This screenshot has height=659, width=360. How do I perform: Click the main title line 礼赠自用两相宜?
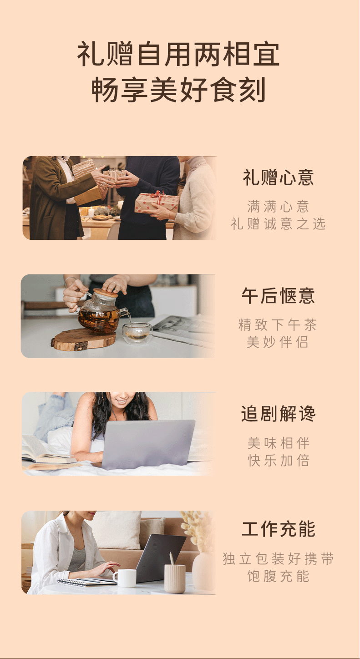[178, 54]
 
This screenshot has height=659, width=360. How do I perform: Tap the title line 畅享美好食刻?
[178, 90]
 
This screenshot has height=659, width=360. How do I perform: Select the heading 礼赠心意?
[278, 177]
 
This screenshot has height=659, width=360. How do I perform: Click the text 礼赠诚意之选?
[278, 223]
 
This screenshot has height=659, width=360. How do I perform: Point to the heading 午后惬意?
[278, 296]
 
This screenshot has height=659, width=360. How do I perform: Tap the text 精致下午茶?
[278, 325]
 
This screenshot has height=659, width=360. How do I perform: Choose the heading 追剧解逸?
[278, 414]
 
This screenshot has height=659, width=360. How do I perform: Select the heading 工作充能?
[279, 529]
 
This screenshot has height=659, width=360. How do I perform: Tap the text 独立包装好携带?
[278, 559]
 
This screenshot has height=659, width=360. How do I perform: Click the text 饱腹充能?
[278, 576]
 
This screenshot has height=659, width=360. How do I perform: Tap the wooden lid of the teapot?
[105, 293]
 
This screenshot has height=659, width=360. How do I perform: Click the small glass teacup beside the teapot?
[137, 333]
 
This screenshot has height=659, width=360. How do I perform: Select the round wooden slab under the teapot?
[84, 340]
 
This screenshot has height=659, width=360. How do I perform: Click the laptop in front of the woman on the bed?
[148, 444]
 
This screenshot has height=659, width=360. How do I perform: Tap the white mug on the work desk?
[125, 578]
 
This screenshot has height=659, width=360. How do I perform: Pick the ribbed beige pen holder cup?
[175, 578]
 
